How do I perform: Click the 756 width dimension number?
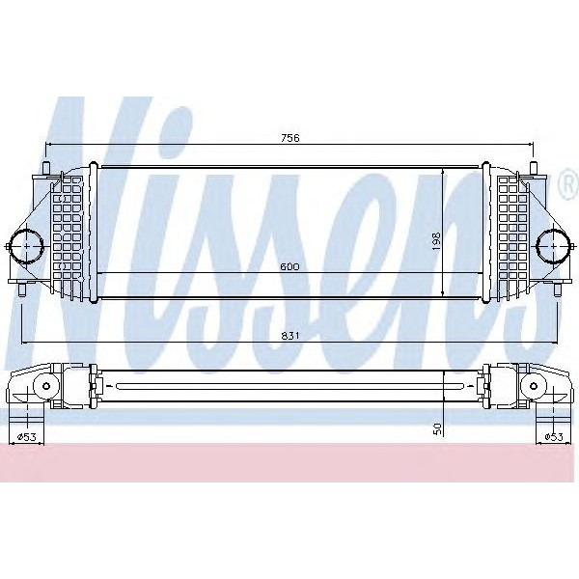pos(290,138)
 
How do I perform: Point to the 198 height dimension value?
pos(436,240)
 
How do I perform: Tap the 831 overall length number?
pos(290,335)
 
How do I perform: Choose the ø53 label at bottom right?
pos(552,438)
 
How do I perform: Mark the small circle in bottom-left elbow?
pos(42,387)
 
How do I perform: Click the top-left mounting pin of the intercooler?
pos(45,170)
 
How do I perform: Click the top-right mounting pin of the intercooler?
pos(533,170)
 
